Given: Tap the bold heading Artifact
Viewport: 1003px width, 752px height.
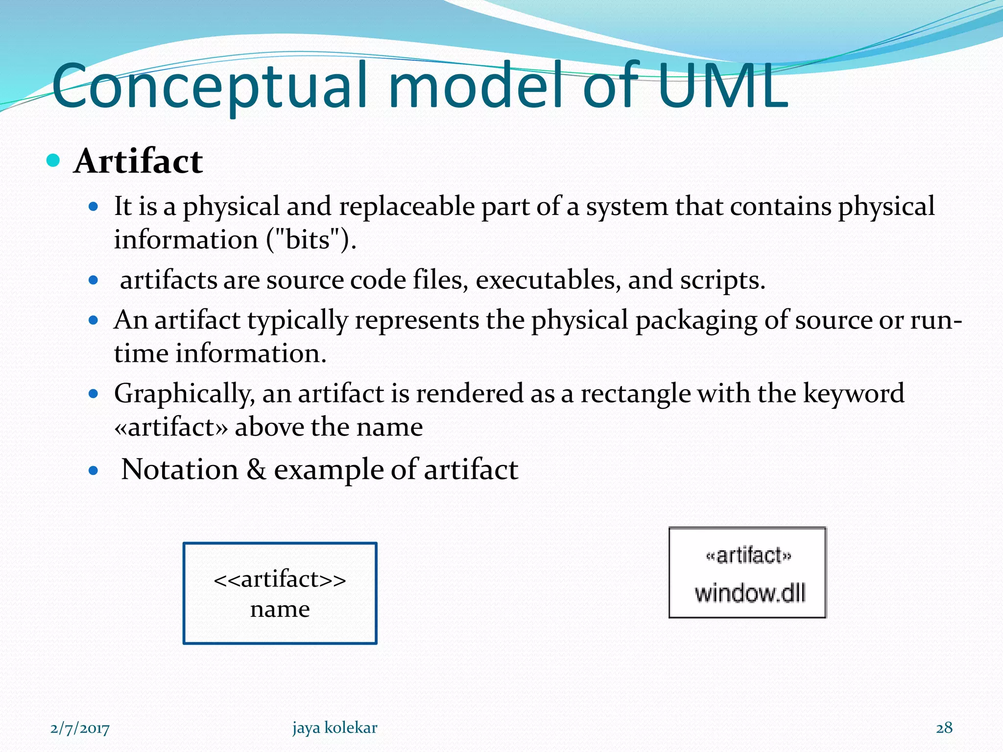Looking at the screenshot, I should pyautogui.click(x=138, y=161).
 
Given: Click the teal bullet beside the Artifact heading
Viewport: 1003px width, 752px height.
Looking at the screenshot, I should pyautogui.click(x=53, y=160).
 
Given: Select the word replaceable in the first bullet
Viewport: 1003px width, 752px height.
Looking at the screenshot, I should pyautogui.click(x=406, y=206).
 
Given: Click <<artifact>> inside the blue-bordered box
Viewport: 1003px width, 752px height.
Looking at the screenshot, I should pyautogui.click(x=280, y=579).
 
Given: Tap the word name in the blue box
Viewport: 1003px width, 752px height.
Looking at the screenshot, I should pyautogui.click(x=280, y=609).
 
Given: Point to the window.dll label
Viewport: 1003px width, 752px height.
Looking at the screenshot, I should pyautogui.click(x=750, y=593).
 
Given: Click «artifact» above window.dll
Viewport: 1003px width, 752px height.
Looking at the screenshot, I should pyautogui.click(x=748, y=556).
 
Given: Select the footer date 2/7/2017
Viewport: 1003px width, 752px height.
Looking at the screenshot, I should pyautogui.click(x=80, y=728).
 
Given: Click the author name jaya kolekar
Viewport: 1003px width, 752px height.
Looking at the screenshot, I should pyautogui.click(x=335, y=728).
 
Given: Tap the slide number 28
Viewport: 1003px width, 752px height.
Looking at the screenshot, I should pyautogui.click(x=944, y=728).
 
